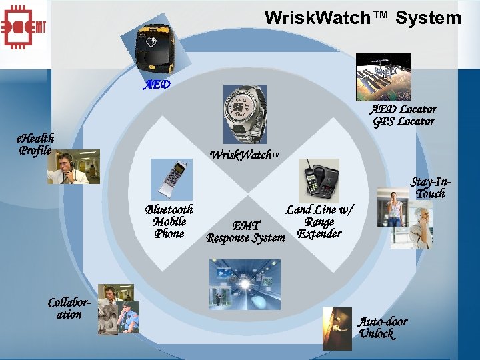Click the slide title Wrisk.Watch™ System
tap(363, 17)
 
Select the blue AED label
tap(157, 85)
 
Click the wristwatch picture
tap(244, 114)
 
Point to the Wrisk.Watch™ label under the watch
tap(245, 155)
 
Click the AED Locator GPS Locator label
tap(403, 115)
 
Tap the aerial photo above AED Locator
tap(383, 77)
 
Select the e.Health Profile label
tap(36, 143)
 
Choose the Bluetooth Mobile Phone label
tap(169, 221)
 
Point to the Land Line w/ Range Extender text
tap(319, 221)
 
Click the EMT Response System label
tap(245, 231)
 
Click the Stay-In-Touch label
tap(429, 187)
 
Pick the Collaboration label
tap(68, 308)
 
